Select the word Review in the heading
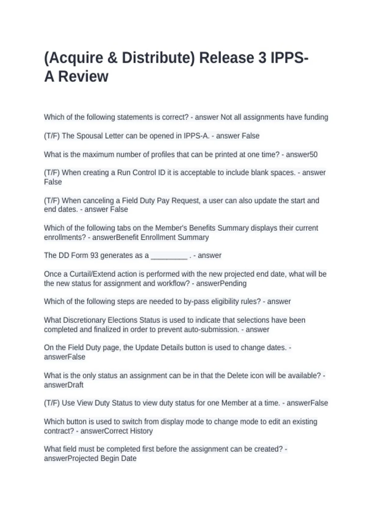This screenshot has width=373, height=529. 83,77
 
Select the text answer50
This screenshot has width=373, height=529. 302,155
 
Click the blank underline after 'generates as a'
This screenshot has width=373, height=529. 169,256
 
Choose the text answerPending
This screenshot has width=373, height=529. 221,283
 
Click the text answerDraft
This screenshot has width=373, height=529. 64,385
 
